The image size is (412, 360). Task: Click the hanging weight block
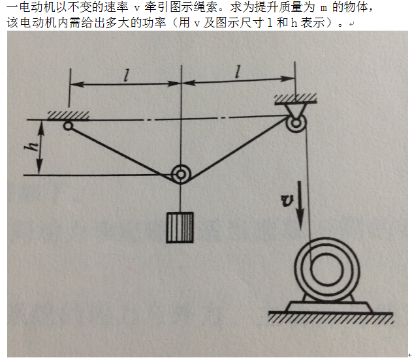[x=180, y=228]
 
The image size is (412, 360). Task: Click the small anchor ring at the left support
[x=68, y=127]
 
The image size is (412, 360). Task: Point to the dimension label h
[x=31, y=147]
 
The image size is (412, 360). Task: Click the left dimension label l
[x=127, y=76]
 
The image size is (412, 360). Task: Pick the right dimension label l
[x=238, y=72]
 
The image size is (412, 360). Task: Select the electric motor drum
[x=327, y=269]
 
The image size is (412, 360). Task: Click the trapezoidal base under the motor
[x=329, y=307]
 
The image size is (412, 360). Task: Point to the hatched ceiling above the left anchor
[x=68, y=115]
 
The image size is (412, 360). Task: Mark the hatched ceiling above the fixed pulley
[x=296, y=99]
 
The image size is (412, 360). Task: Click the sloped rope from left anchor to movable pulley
[x=123, y=153]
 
